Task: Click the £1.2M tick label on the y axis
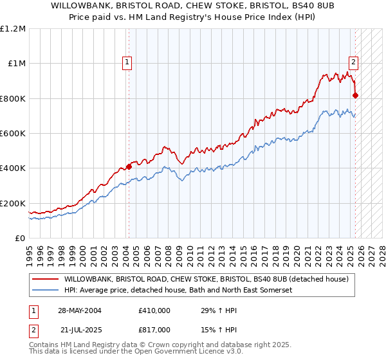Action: point(14,29)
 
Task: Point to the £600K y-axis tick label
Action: point(13,134)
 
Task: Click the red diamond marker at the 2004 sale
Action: point(129,166)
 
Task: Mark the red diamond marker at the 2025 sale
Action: point(356,96)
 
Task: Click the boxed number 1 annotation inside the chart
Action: point(127,62)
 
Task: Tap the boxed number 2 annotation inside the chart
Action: point(353,62)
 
